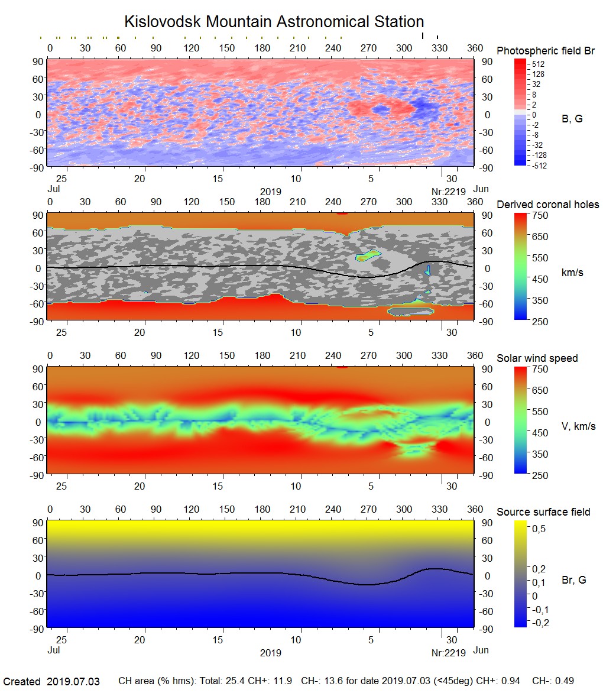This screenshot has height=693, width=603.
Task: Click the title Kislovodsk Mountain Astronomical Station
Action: (274, 22)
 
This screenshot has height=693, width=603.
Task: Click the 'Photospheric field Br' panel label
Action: (546, 51)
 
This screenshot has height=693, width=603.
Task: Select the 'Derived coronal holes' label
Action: (547, 205)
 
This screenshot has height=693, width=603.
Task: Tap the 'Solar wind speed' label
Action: (537, 358)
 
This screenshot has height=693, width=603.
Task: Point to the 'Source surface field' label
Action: (543, 512)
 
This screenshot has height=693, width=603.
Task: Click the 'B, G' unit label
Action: (572, 119)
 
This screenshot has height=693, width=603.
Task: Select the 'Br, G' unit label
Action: (574, 580)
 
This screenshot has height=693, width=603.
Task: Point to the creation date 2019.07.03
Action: (73, 682)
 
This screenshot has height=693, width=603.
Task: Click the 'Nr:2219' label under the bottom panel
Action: (449, 653)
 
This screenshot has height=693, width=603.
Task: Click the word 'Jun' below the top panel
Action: (481, 189)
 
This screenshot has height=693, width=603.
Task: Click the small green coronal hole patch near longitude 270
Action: (368, 256)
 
